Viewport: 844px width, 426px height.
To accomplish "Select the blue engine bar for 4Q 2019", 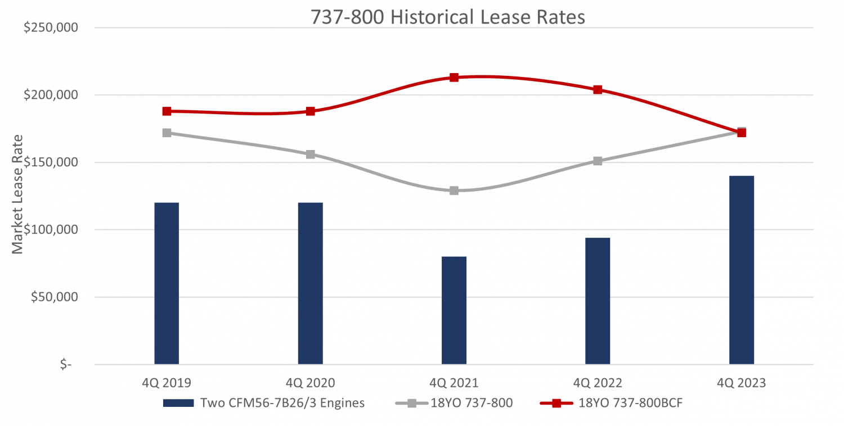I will point(167,283).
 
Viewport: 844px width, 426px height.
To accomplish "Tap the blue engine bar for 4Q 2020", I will point(311,283).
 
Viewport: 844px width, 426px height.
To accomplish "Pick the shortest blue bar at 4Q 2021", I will point(454,310).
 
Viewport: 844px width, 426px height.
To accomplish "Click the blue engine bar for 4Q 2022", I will point(598,301).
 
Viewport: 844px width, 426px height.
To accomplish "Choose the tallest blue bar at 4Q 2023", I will point(742,270).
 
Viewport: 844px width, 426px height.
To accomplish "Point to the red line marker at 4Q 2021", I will point(454,78).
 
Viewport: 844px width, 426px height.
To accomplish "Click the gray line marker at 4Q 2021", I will point(454,191).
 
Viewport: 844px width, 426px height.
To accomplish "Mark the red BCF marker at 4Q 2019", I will point(167,111).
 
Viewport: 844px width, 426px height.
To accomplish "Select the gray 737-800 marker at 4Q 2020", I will point(311,155).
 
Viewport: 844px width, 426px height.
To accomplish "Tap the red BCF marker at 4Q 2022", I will point(598,90).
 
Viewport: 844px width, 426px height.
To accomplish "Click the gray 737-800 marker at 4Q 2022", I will point(598,161).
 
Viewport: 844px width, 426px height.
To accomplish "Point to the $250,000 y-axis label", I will point(51,28).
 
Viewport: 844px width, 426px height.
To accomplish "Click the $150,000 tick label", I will point(51,162).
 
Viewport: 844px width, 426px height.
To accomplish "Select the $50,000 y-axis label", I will point(55,297).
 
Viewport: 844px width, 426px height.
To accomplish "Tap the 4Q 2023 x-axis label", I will point(742,383).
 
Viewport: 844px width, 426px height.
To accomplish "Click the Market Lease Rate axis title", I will point(18,194).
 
